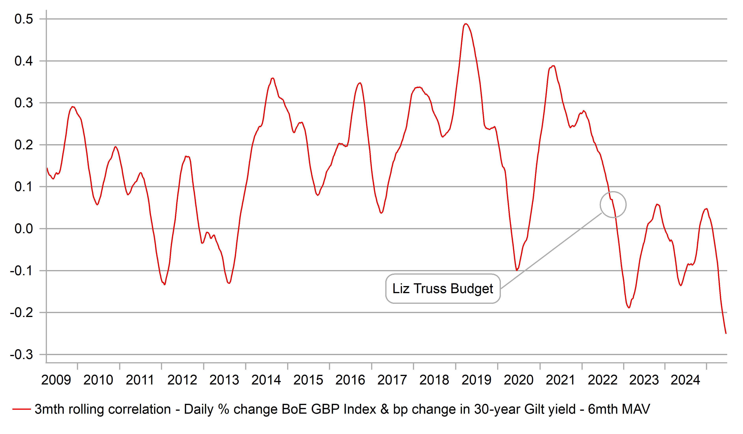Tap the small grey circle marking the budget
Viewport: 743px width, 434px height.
coord(613,204)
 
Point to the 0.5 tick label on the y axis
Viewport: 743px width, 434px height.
coord(24,19)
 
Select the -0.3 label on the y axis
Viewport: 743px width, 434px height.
coord(21,354)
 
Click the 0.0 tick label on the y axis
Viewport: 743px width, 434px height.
coord(24,229)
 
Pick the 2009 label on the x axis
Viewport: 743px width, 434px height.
coord(56,380)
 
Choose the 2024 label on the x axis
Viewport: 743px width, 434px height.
coord(685,380)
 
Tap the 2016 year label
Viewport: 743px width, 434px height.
coord(350,380)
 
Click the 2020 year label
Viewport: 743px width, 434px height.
coord(518,380)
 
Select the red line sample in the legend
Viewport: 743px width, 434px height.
coord(21,409)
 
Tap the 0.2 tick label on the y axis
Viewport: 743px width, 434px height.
coord(24,145)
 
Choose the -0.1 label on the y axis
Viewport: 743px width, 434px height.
coord(21,270)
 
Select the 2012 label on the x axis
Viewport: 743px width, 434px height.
coord(182,380)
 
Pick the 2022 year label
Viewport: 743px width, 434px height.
coord(602,380)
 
